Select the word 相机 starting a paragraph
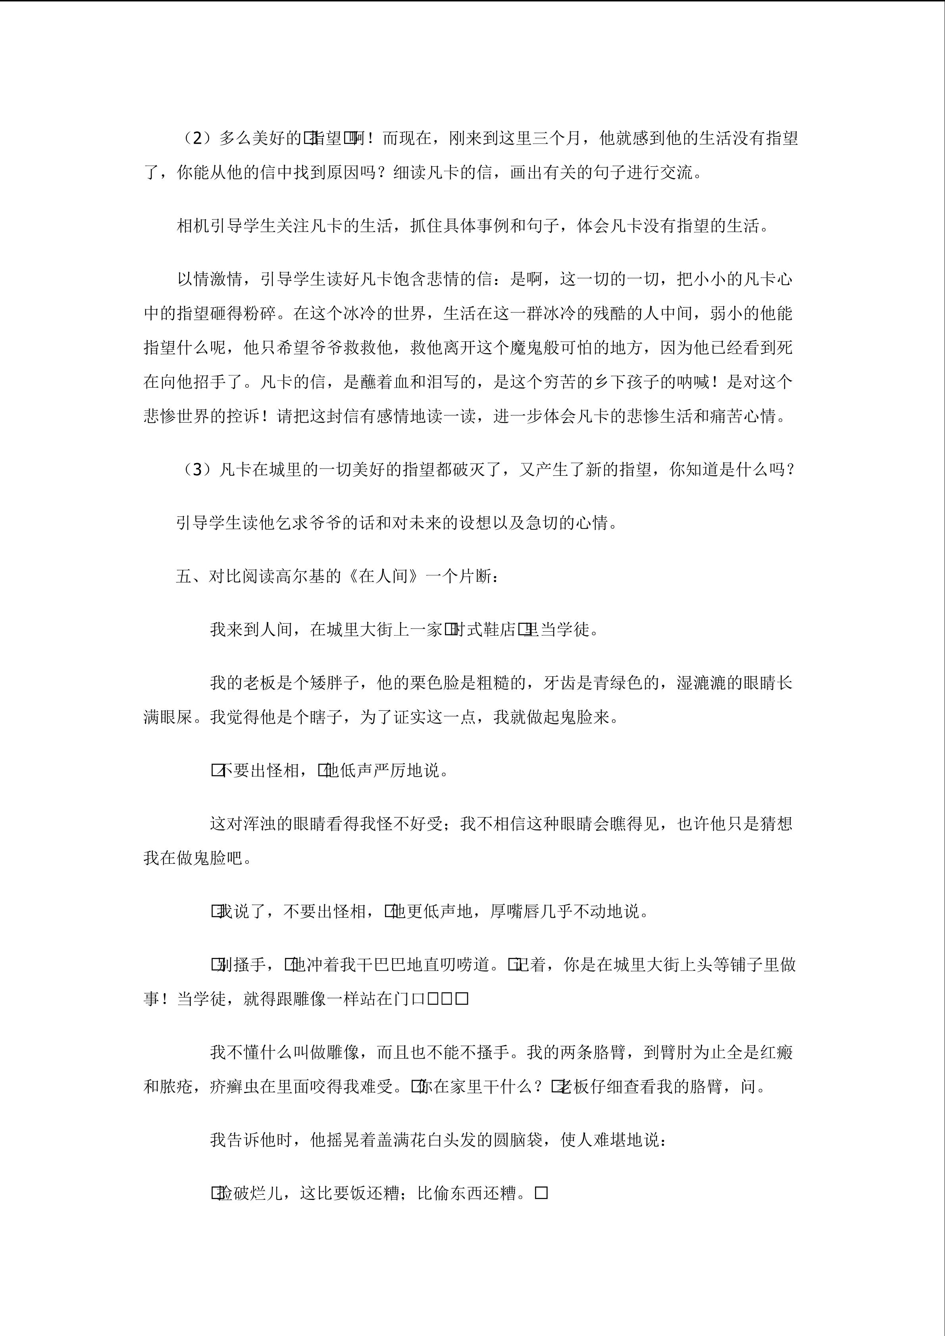tap(193, 226)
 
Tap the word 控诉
tap(243, 417)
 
